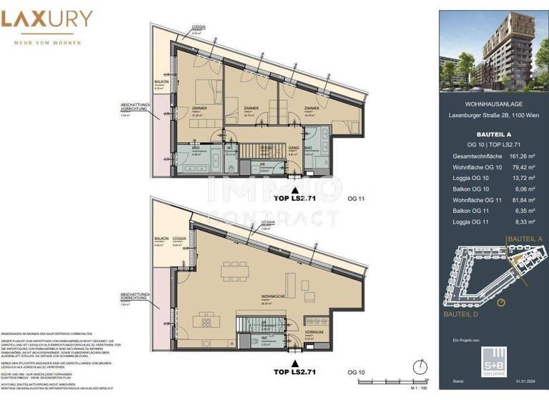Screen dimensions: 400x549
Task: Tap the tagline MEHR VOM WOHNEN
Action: [x=46, y=41]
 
